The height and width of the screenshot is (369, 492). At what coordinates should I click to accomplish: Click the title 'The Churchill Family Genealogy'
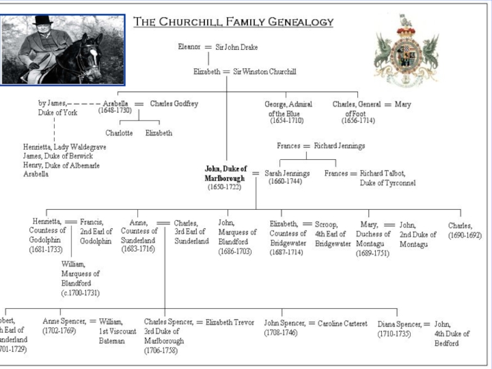(x=234, y=22)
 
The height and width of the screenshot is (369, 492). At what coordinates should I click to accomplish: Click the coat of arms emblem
(x=406, y=52)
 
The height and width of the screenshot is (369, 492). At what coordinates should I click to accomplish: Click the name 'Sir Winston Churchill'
(x=264, y=72)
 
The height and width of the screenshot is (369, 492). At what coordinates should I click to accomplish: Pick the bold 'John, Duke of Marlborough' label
(x=226, y=173)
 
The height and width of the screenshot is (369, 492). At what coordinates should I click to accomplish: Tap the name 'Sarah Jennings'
(x=287, y=173)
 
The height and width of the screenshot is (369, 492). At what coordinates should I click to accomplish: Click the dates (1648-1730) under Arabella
(x=115, y=111)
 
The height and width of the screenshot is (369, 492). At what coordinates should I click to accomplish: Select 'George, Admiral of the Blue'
(x=288, y=109)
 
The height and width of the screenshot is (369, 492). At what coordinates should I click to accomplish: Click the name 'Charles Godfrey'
(x=174, y=104)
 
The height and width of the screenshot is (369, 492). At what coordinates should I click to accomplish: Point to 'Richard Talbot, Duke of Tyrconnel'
(x=387, y=178)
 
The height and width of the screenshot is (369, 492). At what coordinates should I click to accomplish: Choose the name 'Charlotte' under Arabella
(x=119, y=133)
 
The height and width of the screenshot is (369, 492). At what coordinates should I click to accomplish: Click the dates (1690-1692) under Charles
(x=464, y=236)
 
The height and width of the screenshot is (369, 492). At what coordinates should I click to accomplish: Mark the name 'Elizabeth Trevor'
(x=229, y=322)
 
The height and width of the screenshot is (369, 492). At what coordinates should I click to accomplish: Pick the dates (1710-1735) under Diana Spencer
(x=394, y=333)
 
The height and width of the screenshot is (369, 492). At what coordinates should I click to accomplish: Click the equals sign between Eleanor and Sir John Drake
(x=208, y=47)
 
